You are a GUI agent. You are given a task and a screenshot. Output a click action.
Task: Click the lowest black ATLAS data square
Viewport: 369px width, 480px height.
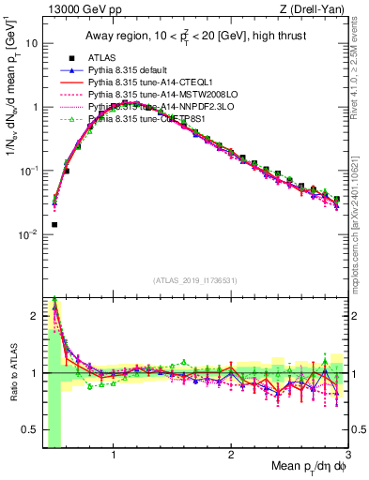click(54, 225)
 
